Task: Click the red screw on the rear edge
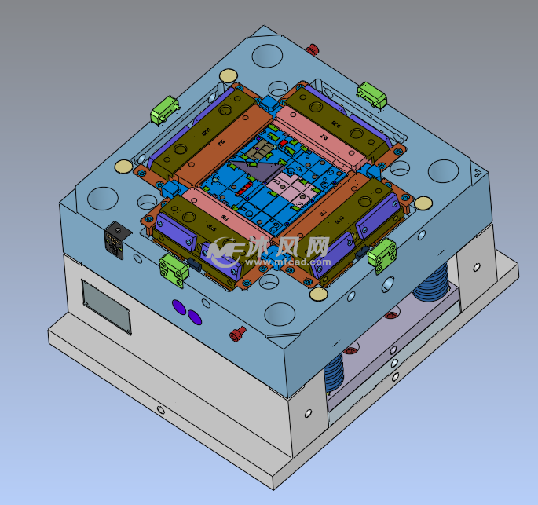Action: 313,49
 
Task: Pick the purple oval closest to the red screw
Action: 194,317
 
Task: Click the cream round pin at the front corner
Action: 318,295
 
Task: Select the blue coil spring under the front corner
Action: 335,372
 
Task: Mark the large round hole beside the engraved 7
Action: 443,172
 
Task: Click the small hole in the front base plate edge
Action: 160,409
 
